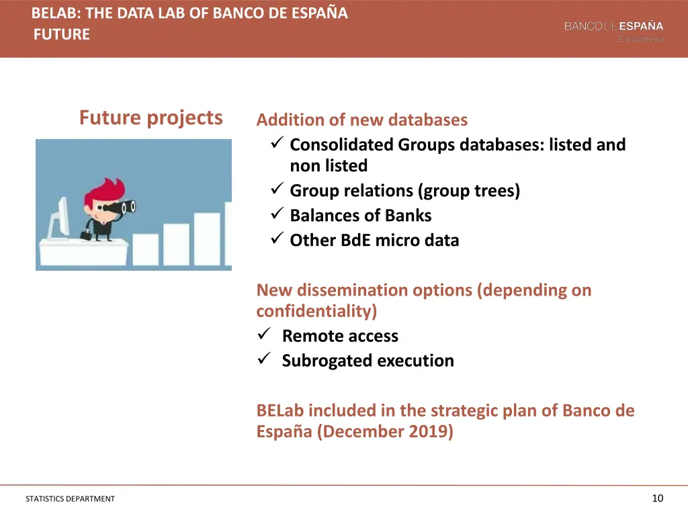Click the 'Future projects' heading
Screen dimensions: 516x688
[x=150, y=118]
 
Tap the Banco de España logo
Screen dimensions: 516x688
[x=613, y=30]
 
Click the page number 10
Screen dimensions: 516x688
[x=657, y=498]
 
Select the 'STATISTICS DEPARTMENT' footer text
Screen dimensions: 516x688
[x=70, y=499]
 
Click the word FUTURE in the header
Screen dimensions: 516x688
[x=61, y=34]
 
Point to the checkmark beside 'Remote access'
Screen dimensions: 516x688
[x=263, y=335]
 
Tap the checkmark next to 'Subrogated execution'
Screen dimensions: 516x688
[x=263, y=359]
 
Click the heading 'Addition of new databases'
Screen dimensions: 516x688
[x=361, y=120]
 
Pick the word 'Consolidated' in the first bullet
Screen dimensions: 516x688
[x=341, y=144]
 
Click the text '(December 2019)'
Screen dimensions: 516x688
[x=388, y=431]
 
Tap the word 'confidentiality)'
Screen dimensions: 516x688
[x=316, y=311]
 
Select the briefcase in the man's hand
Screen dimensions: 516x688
[x=87, y=235]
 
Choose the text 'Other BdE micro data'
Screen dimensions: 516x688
[x=374, y=241]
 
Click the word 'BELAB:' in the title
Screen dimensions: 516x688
[x=56, y=13]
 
